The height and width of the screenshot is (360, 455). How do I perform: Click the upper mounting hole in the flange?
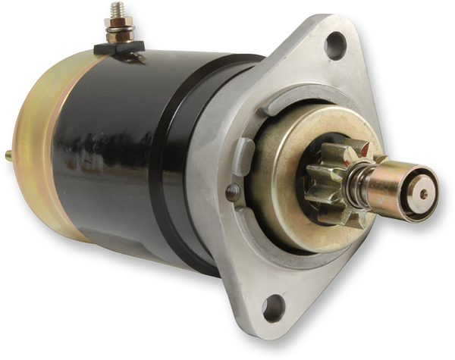334,47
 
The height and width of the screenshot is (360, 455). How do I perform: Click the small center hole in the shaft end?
423,193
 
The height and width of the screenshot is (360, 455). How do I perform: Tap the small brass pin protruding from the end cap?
8,155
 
